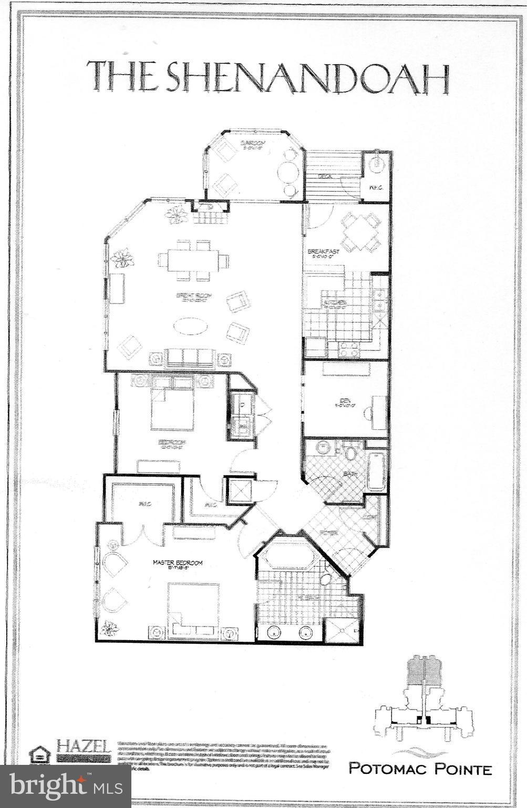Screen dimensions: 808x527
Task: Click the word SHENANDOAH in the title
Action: pos(307,78)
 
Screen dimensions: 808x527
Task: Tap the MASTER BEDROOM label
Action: pos(177,562)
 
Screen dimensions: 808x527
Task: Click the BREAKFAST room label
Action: pos(323,252)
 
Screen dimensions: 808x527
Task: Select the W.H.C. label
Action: pos(375,187)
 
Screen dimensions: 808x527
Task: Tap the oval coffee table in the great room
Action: pos(190,326)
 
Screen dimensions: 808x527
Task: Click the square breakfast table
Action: pos(360,232)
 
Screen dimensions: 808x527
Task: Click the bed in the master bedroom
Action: pos(193,605)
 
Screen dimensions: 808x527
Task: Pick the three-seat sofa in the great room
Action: pos(190,358)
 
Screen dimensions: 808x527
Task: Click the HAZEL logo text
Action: pos(84,745)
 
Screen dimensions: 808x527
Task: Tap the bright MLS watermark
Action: pos(65,785)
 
